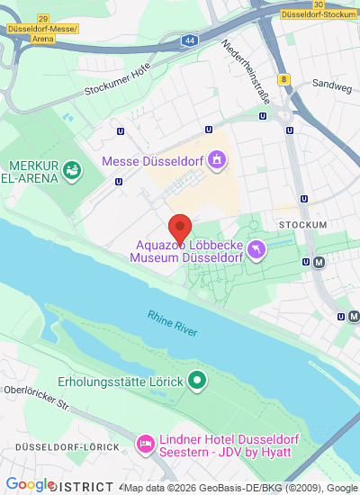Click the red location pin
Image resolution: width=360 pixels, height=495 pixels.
180,228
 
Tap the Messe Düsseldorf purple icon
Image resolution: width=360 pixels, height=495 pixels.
216,161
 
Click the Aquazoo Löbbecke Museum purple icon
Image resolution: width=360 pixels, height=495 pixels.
257,247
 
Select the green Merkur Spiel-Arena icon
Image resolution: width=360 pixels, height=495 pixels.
73,167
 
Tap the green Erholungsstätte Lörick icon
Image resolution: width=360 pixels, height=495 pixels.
197,382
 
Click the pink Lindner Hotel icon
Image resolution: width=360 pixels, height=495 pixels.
145,444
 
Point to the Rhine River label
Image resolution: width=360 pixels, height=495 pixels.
173,323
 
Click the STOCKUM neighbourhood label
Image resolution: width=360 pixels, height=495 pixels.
302,223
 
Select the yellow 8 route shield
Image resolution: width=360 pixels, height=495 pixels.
284,79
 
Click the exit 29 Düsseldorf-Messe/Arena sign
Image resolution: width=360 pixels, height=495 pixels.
43,28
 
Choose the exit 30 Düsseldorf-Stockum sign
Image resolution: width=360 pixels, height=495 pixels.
318,10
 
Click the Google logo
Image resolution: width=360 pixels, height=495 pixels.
30,484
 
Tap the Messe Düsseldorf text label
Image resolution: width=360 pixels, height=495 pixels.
153,161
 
